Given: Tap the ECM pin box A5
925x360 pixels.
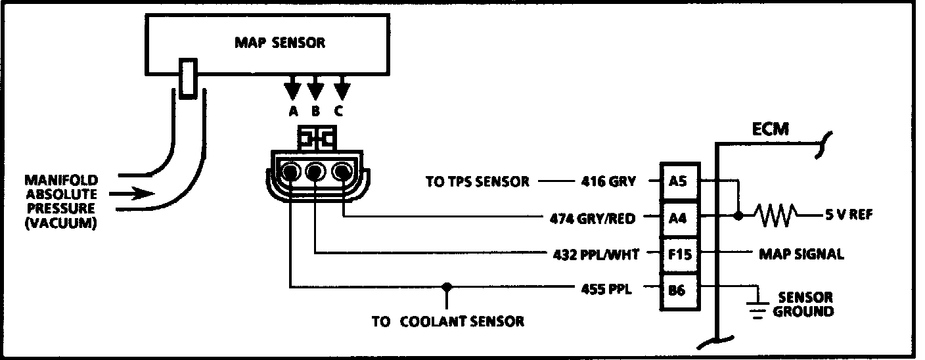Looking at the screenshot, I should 677,181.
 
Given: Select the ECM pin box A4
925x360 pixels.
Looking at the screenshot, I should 677,217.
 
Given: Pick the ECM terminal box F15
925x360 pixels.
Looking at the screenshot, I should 677,253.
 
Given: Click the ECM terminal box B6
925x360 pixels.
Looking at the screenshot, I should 677,288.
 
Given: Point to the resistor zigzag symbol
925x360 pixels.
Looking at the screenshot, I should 776,215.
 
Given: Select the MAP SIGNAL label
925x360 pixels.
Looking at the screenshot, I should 801,254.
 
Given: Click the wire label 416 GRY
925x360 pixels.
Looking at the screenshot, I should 607,181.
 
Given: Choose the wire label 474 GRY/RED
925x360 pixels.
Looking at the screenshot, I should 592,217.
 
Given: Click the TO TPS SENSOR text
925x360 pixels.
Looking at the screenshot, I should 477,182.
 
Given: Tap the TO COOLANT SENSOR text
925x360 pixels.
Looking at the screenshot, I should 447,322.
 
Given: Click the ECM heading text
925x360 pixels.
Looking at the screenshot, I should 770,130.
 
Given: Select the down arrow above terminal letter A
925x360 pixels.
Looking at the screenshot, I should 293,89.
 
